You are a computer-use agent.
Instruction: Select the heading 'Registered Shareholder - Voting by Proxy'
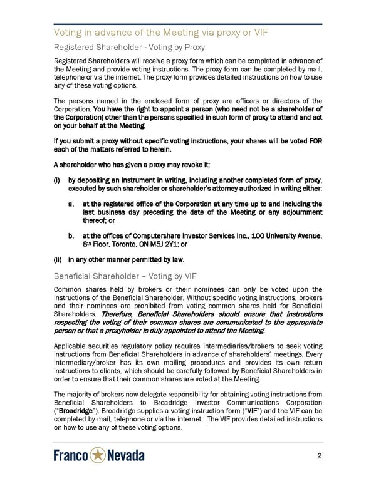pyautogui.click(x=129, y=47)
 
